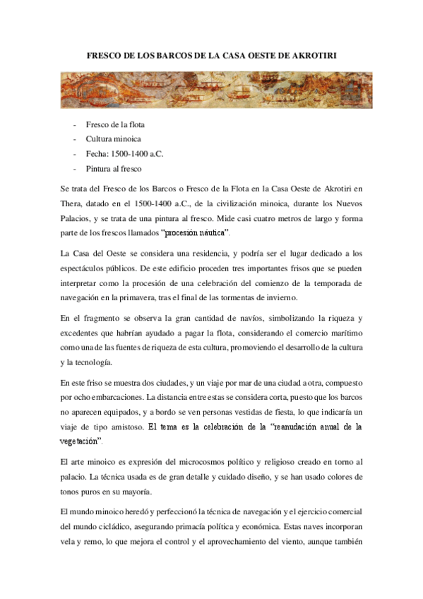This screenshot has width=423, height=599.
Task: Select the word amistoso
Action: point(126,426)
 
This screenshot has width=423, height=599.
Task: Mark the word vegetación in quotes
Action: point(81,441)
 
